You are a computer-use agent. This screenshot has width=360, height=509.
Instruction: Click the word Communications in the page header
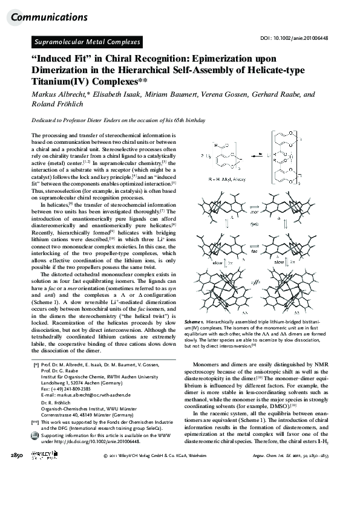49,17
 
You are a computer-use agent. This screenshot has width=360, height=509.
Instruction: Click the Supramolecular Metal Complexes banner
86,42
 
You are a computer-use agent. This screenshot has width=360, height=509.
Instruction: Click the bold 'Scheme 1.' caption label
196,323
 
